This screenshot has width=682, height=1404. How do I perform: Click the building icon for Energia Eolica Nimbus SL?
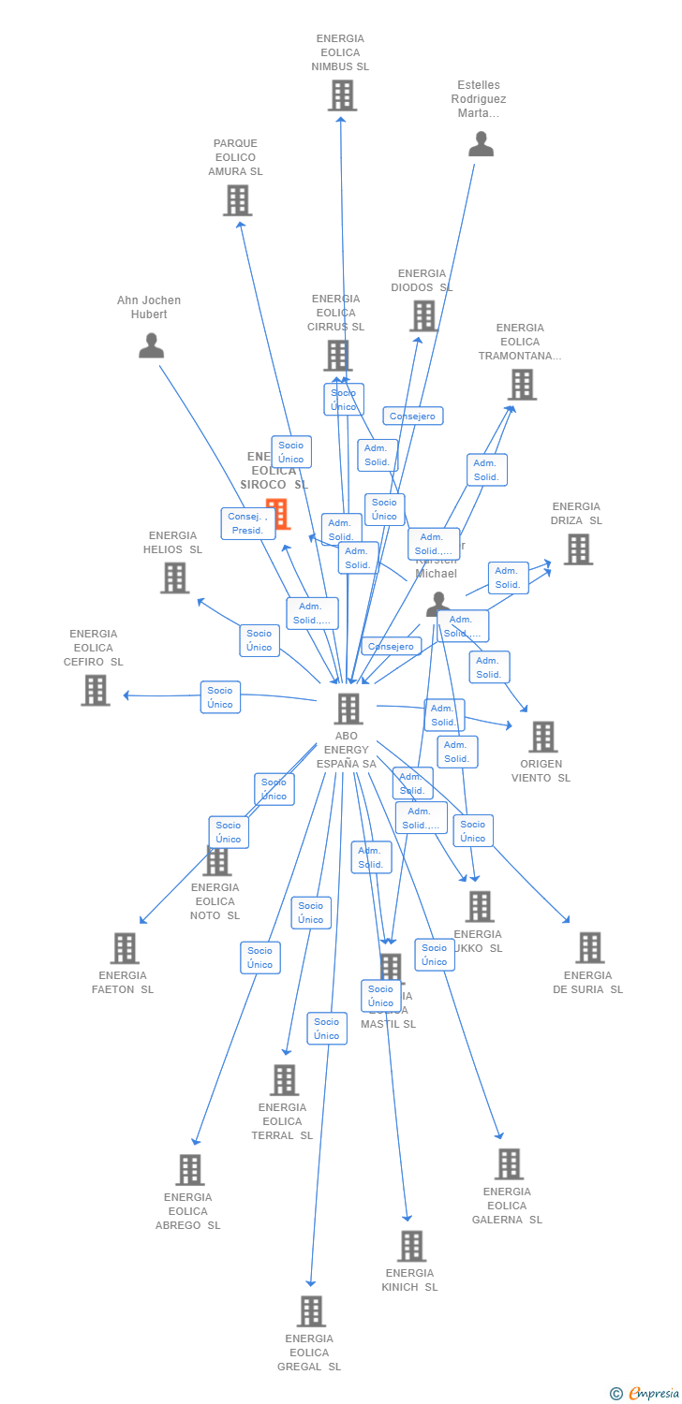point(342,95)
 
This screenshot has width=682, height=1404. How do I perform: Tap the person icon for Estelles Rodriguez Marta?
point(481,144)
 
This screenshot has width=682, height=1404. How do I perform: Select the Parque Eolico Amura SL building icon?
point(237,200)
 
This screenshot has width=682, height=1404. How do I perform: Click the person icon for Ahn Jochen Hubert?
point(151,346)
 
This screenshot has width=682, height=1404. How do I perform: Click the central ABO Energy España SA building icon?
point(348,709)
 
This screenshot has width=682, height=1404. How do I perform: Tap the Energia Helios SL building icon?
point(174,578)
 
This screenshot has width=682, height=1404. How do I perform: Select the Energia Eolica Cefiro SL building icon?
point(95,690)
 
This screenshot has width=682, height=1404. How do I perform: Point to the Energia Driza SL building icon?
point(578,549)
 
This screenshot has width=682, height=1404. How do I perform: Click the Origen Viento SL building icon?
point(542,737)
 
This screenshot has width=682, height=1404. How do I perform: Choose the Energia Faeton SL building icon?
point(125,948)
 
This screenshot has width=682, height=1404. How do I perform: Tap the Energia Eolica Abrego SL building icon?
point(190,1170)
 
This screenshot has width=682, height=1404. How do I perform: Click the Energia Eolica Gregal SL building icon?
point(311,1311)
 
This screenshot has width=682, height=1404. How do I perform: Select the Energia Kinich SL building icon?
point(411,1246)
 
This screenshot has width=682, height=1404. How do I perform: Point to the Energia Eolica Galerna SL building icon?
point(509,1164)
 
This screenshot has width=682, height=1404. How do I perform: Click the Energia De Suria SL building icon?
point(589,947)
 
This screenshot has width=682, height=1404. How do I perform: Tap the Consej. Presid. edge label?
point(248,523)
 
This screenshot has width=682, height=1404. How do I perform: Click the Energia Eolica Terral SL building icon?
point(284,1080)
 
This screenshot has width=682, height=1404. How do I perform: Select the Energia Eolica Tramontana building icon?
point(522,384)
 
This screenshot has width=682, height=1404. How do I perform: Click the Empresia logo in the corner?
point(645,1394)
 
